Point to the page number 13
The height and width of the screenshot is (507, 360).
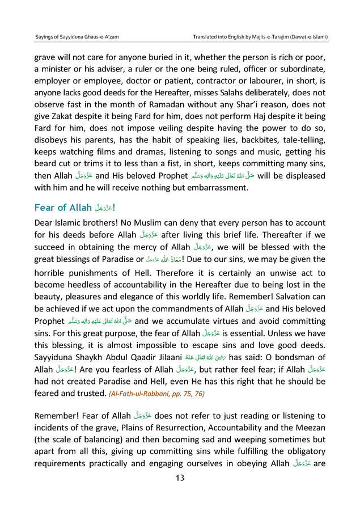(180, 478)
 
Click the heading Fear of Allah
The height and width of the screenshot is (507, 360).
(62, 207)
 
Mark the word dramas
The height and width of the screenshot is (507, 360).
(151, 154)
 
